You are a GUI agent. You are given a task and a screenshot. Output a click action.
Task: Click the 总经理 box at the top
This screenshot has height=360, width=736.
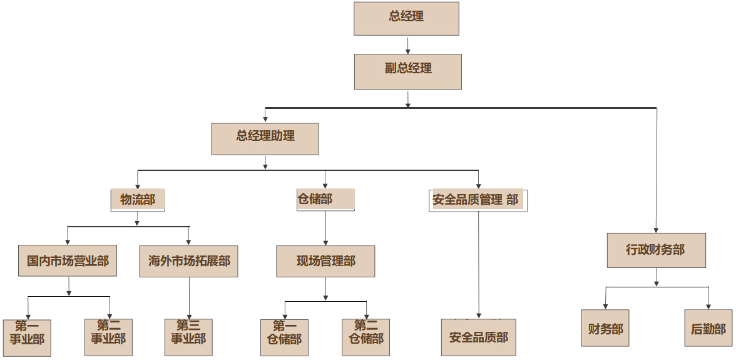[406, 18]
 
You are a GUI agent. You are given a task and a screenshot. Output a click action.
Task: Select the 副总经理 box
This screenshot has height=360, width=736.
[408, 71]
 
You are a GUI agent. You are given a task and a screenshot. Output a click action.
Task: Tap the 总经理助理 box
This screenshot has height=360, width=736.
[265, 138]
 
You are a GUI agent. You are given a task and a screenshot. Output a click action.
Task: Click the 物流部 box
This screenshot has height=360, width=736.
[138, 200]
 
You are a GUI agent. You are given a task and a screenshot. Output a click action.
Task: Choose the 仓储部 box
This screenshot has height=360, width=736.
[325, 199]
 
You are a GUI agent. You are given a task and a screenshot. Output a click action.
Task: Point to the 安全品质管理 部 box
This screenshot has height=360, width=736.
[478, 200]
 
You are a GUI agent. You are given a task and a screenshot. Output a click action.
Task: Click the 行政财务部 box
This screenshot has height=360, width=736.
[656, 250]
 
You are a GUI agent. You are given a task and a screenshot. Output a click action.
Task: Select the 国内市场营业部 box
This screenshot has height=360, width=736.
[68, 260]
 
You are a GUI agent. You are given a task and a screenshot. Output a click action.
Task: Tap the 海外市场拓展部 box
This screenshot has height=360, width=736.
[188, 261]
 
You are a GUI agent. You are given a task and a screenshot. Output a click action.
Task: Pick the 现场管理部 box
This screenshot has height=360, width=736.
[325, 261]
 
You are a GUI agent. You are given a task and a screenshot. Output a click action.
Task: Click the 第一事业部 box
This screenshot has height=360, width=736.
[27, 337]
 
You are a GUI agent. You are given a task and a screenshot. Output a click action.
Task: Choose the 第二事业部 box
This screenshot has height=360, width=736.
[108, 337]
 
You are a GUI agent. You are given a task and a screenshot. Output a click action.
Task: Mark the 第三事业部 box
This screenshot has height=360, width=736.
[188, 337]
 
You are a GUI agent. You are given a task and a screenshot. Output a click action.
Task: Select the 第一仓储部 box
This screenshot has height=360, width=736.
[284, 337]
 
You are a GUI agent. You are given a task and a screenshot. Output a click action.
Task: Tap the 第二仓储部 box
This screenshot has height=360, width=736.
[365, 337]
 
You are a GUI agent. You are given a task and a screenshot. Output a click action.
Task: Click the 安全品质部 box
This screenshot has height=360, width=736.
[479, 337]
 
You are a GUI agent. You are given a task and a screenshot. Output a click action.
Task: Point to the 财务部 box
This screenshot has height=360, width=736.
[605, 327]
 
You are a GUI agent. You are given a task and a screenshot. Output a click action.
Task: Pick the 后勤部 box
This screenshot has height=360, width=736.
[708, 328]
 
